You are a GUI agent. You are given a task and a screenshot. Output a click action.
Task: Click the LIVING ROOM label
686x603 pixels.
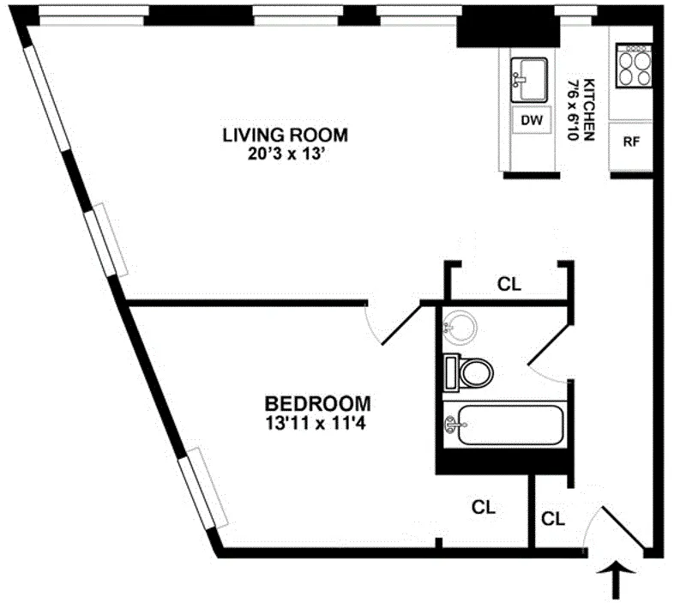286,135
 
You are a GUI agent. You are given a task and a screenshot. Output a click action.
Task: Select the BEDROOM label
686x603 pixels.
317,402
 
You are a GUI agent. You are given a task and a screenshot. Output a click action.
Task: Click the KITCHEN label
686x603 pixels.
590,110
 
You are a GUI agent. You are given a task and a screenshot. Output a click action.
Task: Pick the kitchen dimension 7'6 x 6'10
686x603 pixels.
572,110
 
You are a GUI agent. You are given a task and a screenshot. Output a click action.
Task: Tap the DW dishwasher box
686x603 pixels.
533,121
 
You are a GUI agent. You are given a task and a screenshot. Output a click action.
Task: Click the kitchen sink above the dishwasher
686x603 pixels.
529,76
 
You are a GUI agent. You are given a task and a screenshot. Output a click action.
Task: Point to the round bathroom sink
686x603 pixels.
461,327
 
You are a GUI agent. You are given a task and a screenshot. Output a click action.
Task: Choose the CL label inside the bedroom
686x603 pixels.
484,507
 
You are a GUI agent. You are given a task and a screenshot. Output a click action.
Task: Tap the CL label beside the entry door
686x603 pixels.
554,518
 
